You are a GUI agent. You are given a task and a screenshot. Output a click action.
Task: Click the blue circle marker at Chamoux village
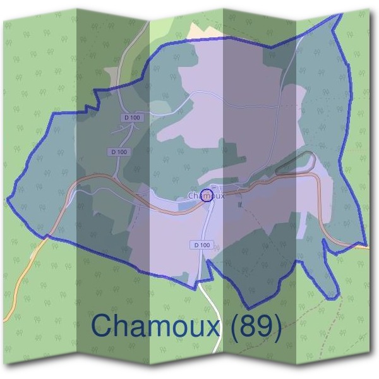[x=206, y=195]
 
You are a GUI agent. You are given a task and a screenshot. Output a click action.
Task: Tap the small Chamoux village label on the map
[x=206, y=196]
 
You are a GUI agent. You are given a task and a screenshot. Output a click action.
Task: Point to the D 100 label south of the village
[x=200, y=244]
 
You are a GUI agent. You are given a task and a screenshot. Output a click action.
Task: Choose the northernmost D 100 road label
[x=133, y=118]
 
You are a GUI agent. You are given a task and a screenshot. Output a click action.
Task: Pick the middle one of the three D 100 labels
[x=119, y=152]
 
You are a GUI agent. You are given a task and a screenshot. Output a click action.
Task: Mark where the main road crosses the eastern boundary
[x=366, y=245]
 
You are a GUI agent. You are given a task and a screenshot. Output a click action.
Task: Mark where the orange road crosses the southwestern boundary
[x=46, y=237]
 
